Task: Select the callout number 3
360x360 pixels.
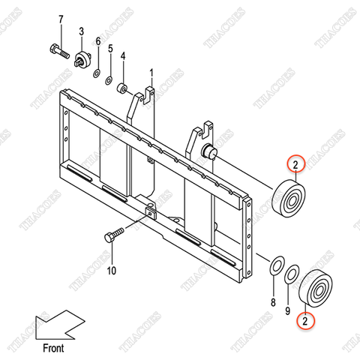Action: (81, 31)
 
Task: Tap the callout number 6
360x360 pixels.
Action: (97, 41)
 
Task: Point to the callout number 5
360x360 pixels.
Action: (110, 49)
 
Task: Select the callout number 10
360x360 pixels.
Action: (112, 270)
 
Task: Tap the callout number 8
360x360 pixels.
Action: (273, 302)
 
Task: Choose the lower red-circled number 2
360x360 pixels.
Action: (305, 319)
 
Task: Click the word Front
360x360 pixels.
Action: (52, 347)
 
